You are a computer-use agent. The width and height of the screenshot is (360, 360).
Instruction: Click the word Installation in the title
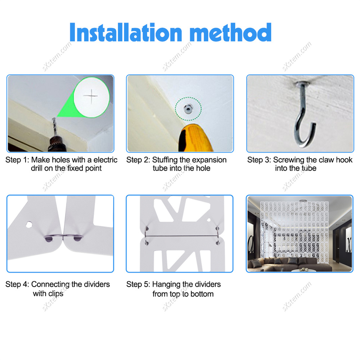(126, 32)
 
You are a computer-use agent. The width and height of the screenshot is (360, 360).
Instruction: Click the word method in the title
(231, 32)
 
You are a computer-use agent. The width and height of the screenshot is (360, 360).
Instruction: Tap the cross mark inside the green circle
(91, 96)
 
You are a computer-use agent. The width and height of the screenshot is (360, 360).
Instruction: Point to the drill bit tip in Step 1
(54, 119)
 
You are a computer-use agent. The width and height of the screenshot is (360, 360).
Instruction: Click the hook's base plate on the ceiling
(301, 83)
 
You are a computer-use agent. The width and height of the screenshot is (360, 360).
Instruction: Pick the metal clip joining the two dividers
(64, 237)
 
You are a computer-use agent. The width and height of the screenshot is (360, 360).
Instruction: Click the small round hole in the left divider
(29, 224)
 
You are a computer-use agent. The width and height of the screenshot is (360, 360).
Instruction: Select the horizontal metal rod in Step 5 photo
(182, 236)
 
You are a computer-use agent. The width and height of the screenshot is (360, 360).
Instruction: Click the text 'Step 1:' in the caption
(17, 160)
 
